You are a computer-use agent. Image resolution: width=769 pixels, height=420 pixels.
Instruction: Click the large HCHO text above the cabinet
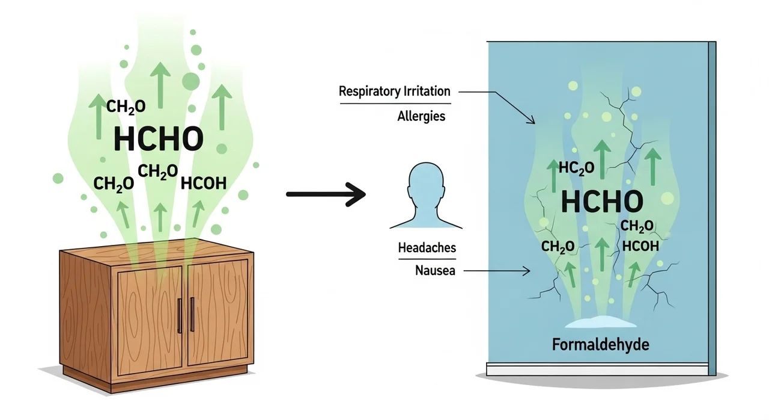click(159, 139)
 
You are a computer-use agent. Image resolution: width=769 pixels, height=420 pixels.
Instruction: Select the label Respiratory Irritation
click(394, 92)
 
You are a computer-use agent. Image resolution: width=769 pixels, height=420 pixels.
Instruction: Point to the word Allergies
click(421, 116)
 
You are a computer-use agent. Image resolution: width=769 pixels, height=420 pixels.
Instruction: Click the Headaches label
click(427, 247)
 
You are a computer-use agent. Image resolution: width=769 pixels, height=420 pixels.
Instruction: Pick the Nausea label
click(435, 271)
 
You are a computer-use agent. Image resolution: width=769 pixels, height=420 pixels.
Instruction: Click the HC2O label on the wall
click(576, 168)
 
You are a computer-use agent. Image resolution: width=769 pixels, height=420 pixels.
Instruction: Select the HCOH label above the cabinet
click(203, 183)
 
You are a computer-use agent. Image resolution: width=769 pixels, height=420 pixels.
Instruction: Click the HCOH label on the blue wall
click(640, 246)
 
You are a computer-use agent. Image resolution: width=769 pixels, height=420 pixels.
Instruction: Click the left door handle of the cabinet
click(178, 315)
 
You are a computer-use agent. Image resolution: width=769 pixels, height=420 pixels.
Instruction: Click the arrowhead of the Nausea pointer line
click(527, 271)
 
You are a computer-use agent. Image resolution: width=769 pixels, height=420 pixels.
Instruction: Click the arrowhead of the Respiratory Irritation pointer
click(532, 121)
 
